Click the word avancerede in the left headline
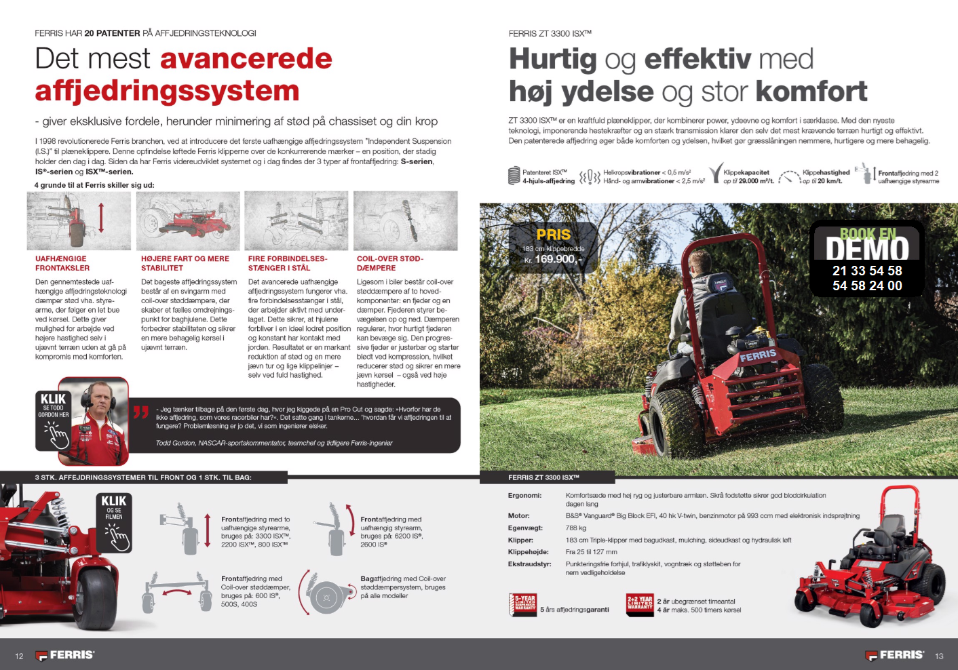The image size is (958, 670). pyautogui.click(x=246, y=59)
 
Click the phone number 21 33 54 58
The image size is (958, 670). pyautogui.click(x=867, y=271)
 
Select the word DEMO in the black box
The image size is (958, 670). pyautogui.click(x=867, y=249)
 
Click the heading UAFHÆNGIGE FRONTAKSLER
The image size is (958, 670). pyautogui.click(x=61, y=263)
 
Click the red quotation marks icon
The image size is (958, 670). pyautogui.click(x=141, y=412)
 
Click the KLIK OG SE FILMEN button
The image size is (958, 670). pyautogui.click(x=114, y=523)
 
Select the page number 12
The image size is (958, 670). pyautogui.click(x=19, y=656)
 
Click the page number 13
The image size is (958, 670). pyautogui.click(x=939, y=656)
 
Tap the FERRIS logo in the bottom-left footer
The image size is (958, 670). pyautogui.click(x=65, y=655)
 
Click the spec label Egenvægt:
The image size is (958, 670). pyautogui.click(x=525, y=528)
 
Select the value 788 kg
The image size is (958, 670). pyautogui.click(x=576, y=528)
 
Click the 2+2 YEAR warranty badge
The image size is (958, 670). pyautogui.click(x=640, y=604)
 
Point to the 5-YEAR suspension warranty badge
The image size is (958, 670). pyautogui.click(x=523, y=604)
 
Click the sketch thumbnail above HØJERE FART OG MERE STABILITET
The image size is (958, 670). pyautogui.click(x=188, y=221)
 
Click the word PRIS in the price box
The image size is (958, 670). pyautogui.click(x=554, y=235)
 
